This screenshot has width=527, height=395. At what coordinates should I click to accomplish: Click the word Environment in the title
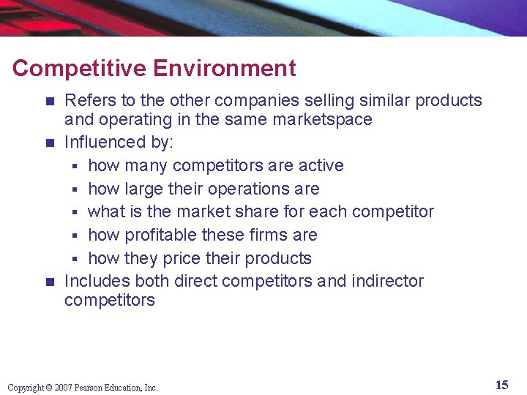[225, 68]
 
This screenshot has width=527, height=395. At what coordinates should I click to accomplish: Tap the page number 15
[501, 385]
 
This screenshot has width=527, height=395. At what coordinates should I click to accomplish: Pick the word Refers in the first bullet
[87, 100]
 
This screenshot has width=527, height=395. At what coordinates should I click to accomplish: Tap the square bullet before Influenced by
[50, 142]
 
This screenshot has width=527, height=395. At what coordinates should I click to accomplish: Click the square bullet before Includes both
[50, 282]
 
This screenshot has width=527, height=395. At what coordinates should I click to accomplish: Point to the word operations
[246, 189]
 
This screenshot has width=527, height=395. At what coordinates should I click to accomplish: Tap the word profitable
[160, 235]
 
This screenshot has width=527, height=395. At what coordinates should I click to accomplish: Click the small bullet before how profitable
[76, 236]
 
